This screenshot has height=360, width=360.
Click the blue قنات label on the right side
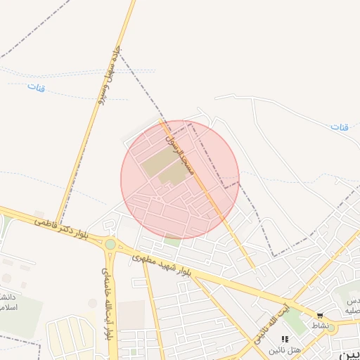tap(340, 127)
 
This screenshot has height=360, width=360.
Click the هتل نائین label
tap(288, 349)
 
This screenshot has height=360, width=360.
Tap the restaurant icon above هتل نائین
tap(285, 339)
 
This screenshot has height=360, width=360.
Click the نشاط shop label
tap(321, 326)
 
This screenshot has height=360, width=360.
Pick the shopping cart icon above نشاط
tap(321, 316)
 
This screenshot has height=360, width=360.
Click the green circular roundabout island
tap(110, 244)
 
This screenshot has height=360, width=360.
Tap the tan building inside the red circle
tap(162, 167)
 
